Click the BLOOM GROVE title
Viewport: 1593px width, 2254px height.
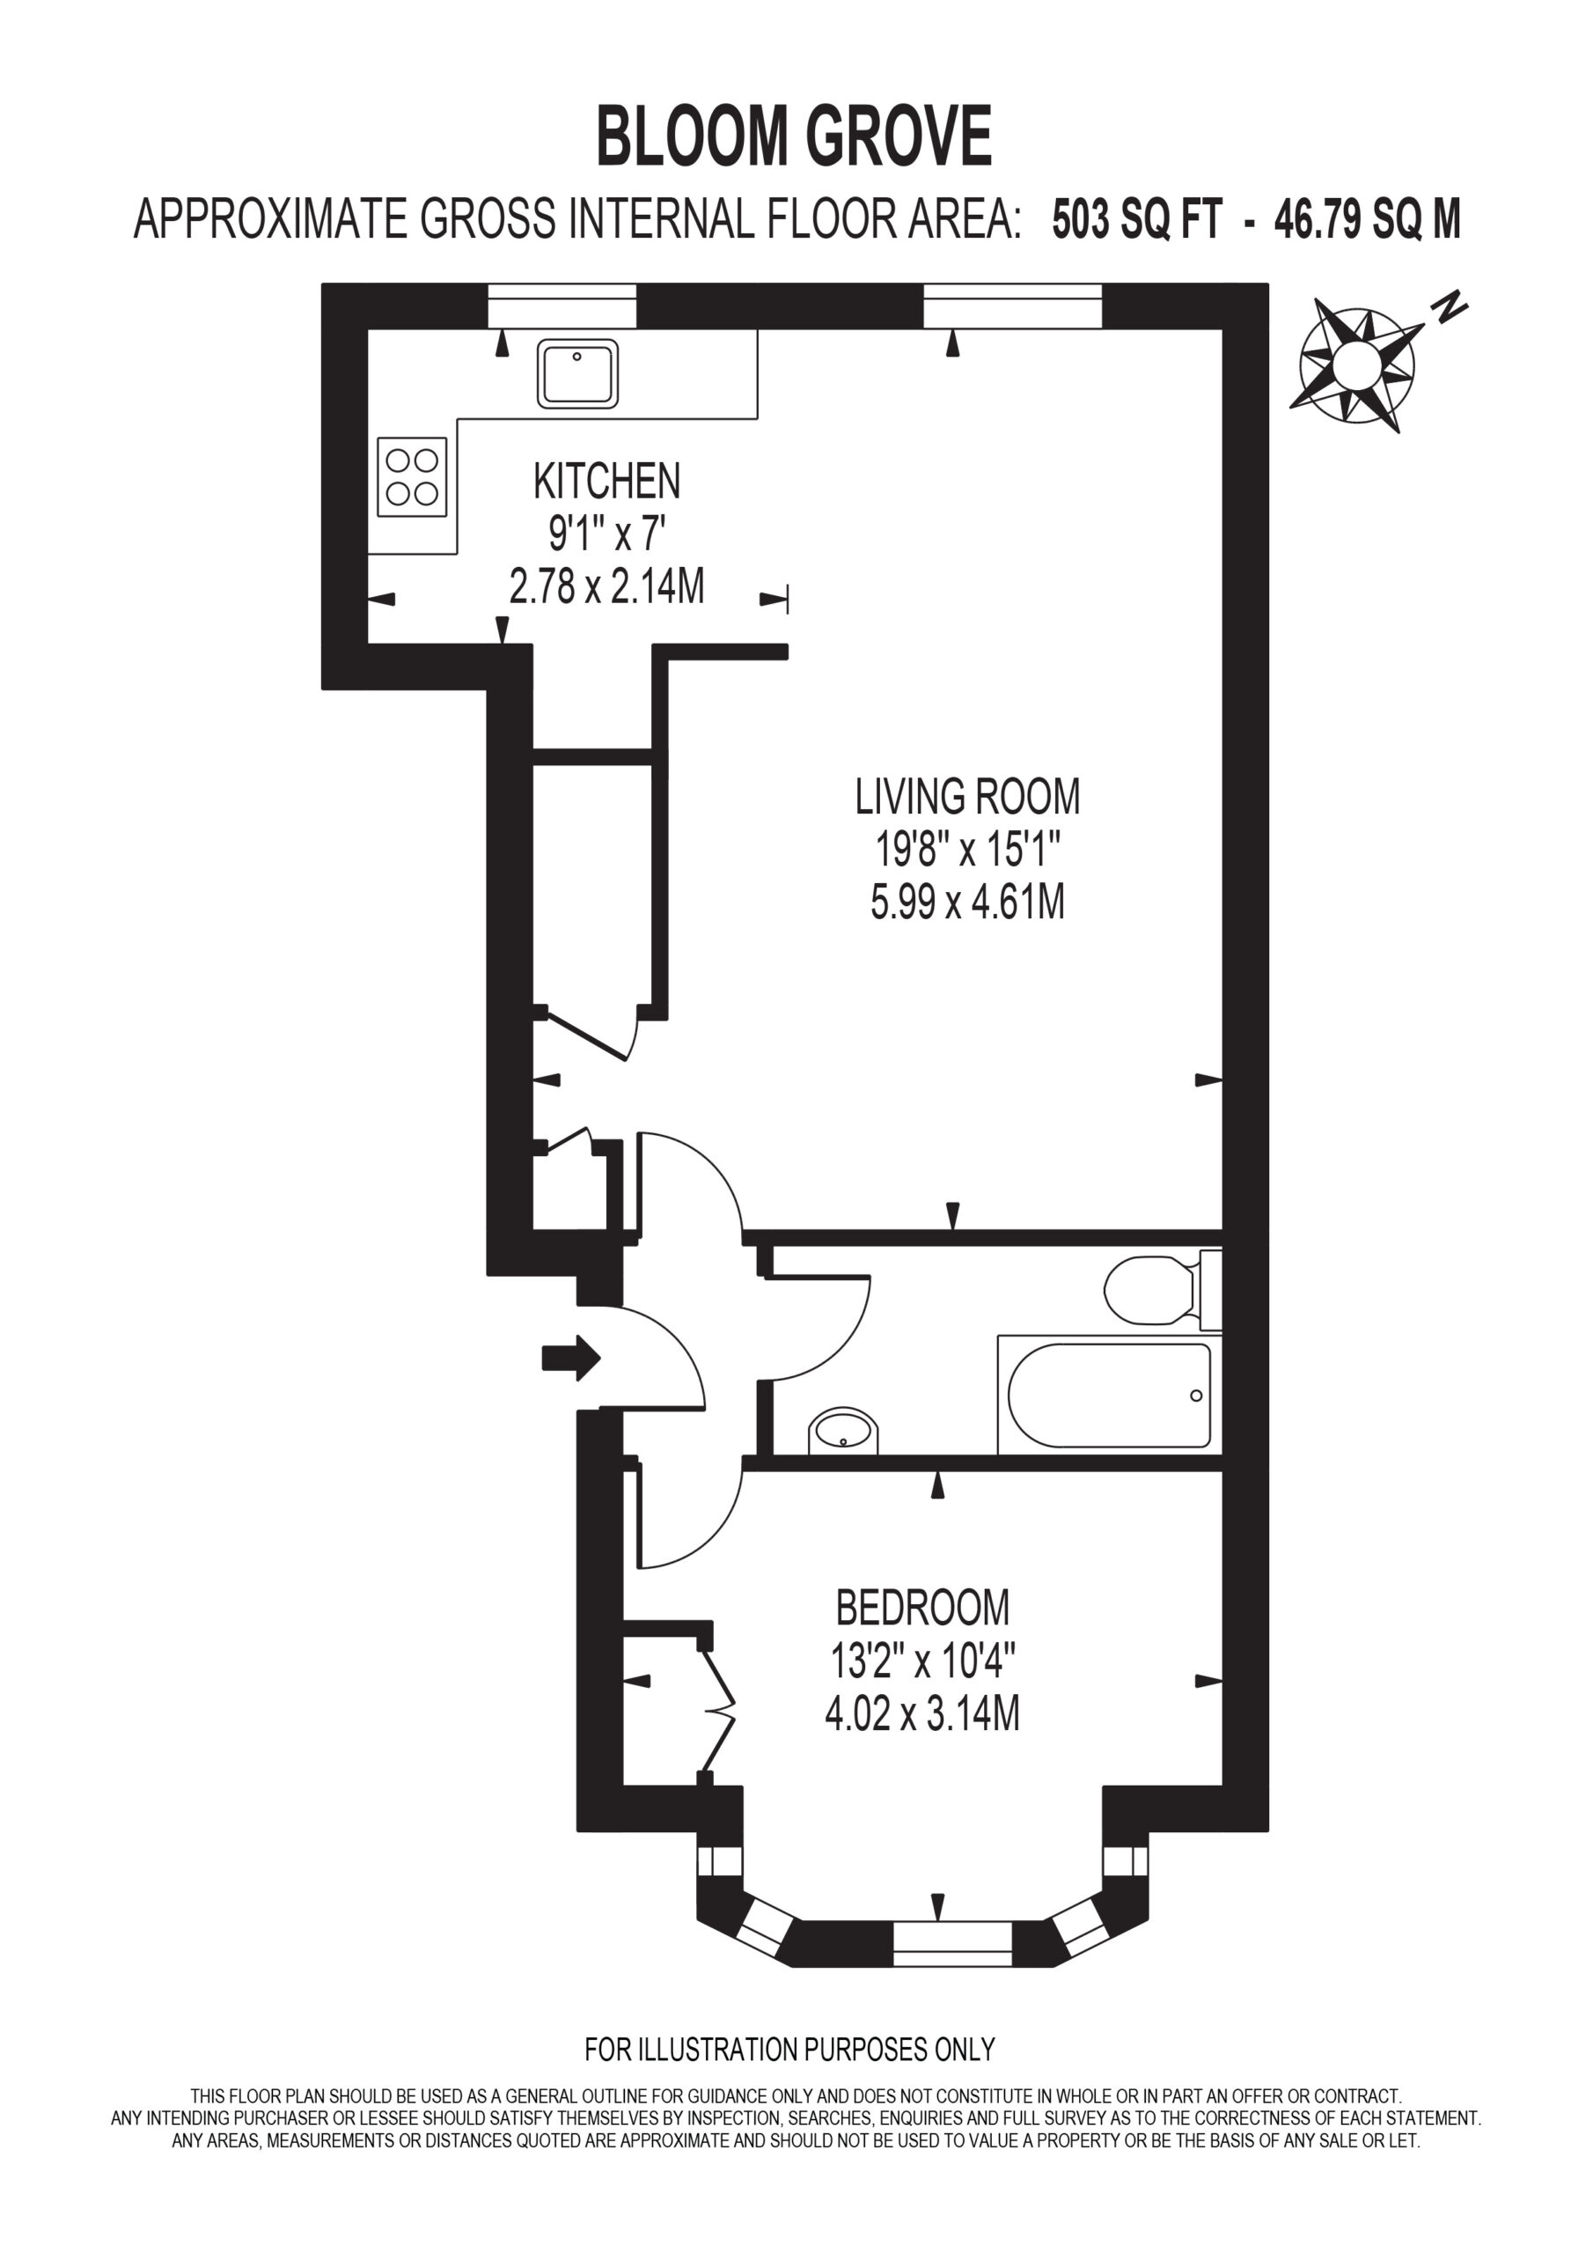794,137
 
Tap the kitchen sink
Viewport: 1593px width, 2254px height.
577,373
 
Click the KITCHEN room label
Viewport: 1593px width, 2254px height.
606,481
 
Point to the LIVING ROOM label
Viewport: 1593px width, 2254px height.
968,796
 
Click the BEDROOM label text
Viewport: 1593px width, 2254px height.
922,1608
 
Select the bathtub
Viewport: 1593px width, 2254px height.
1110,1395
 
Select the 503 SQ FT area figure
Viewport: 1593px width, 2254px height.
1138,220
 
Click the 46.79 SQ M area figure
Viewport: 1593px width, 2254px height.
1367,220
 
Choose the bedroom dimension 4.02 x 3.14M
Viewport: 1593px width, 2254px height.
922,1714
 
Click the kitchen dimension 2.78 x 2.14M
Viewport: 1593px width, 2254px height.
606,587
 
